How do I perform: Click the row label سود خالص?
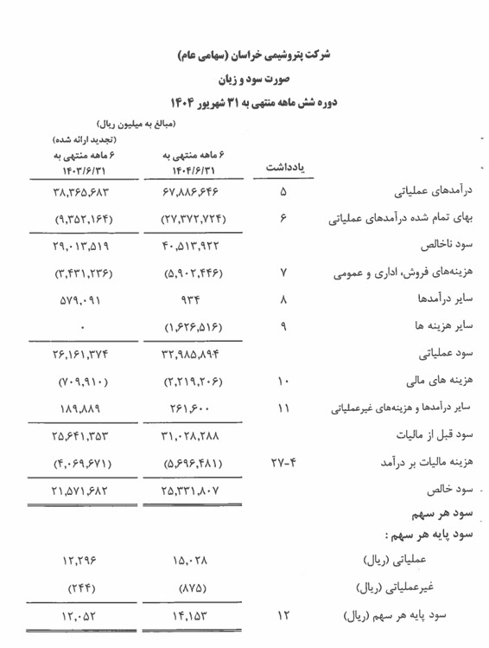(455, 489)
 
